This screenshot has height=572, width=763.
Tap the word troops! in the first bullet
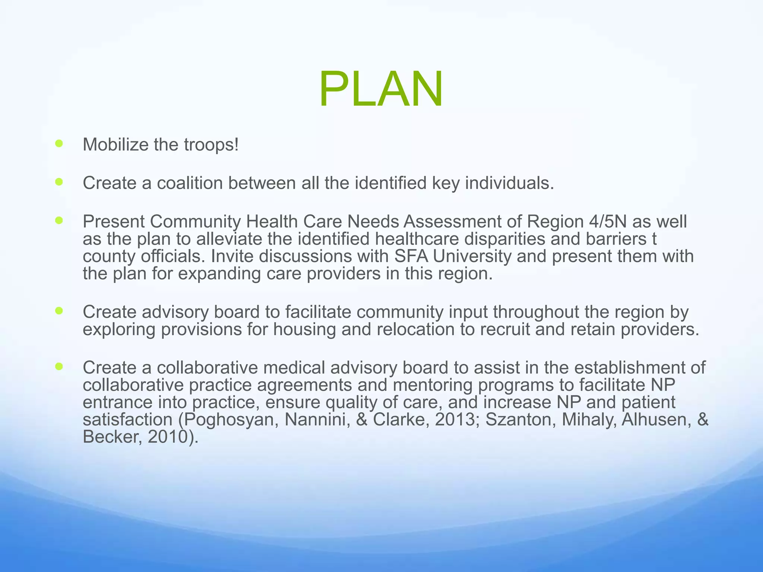point(211,144)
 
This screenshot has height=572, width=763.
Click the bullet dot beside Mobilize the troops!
point(59,143)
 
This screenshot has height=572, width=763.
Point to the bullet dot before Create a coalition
point(59,182)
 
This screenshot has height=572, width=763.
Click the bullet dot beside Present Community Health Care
point(59,220)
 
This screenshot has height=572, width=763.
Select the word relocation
point(415,330)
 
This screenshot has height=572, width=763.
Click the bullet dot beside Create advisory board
point(59,311)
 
